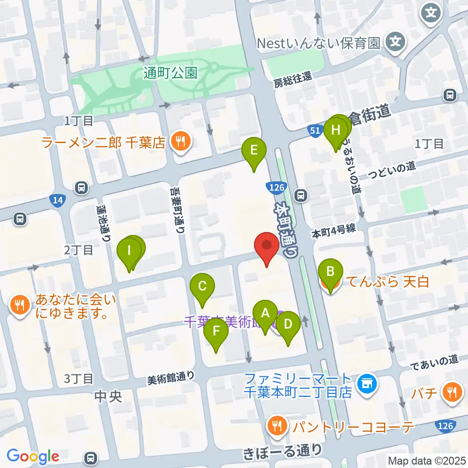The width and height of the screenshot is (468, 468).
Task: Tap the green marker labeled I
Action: click(x=129, y=252)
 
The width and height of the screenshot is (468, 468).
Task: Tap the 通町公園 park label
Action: click(x=171, y=73)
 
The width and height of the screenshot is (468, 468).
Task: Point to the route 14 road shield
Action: click(x=57, y=199)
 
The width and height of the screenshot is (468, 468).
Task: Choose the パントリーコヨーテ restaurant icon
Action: click(x=277, y=427)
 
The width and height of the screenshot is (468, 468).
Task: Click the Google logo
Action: click(x=33, y=456)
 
